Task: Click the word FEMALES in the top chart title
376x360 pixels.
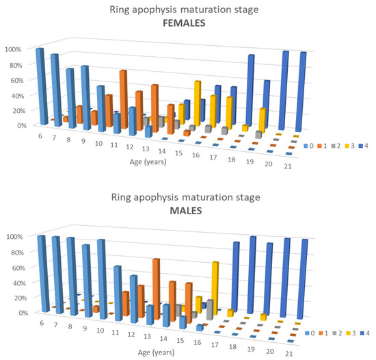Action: point(187,23)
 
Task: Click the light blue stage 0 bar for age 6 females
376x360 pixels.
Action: point(40,86)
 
